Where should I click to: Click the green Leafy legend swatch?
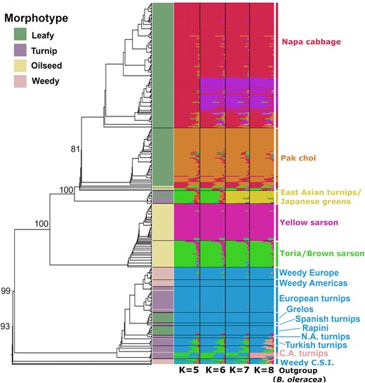click(20, 34)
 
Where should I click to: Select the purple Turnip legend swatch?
click(20, 50)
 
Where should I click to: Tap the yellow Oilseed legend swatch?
click(20, 66)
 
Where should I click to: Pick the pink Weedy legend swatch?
click(20, 81)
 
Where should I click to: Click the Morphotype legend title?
click(36, 18)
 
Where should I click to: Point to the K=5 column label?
click(189, 370)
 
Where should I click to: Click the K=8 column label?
click(264, 370)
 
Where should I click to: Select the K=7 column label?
click(239, 370)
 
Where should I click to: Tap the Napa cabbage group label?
click(311, 42)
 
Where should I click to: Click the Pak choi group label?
click(298, 158)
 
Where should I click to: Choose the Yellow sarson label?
click(309, 222)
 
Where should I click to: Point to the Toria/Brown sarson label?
click(322, 253)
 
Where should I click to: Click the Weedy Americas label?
click(313, 283)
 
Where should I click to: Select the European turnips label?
click(314, 299)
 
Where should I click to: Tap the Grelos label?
click(300, 309)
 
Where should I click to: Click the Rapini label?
click(315, 328)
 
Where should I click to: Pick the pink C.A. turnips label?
click(303, 354)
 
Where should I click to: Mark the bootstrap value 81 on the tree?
click(75, 149)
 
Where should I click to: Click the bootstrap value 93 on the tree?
click(5, 327)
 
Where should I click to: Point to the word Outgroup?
click(298, 370)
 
